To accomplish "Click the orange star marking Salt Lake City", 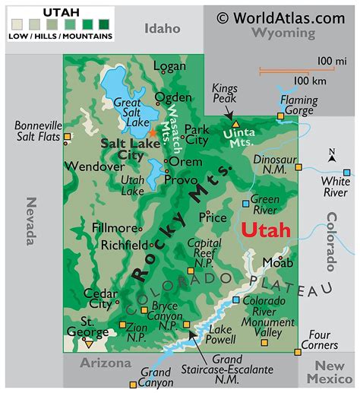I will [153, 132].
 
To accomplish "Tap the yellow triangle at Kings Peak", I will [236, 122].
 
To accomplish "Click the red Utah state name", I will [265, 230].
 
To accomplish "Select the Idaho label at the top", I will [163, 28].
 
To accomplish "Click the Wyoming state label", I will [283, 33].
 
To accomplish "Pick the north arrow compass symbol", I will [331, 159].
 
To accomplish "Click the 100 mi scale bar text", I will [331, 60].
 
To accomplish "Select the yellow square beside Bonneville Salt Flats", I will [68, 138].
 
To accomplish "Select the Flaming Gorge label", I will [299, 105].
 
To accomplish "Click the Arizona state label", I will [106, 363].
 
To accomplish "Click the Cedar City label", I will [98, 298].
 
